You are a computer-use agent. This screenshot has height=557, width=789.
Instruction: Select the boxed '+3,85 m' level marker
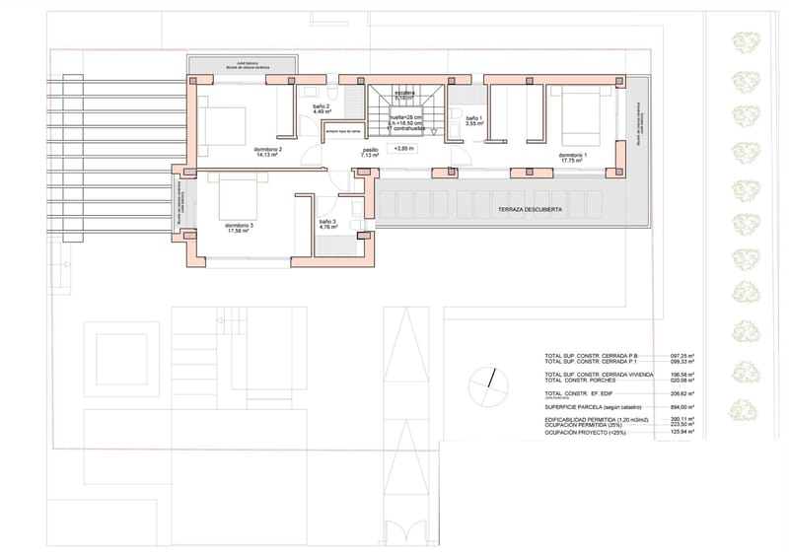click(x=404, y=149)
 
